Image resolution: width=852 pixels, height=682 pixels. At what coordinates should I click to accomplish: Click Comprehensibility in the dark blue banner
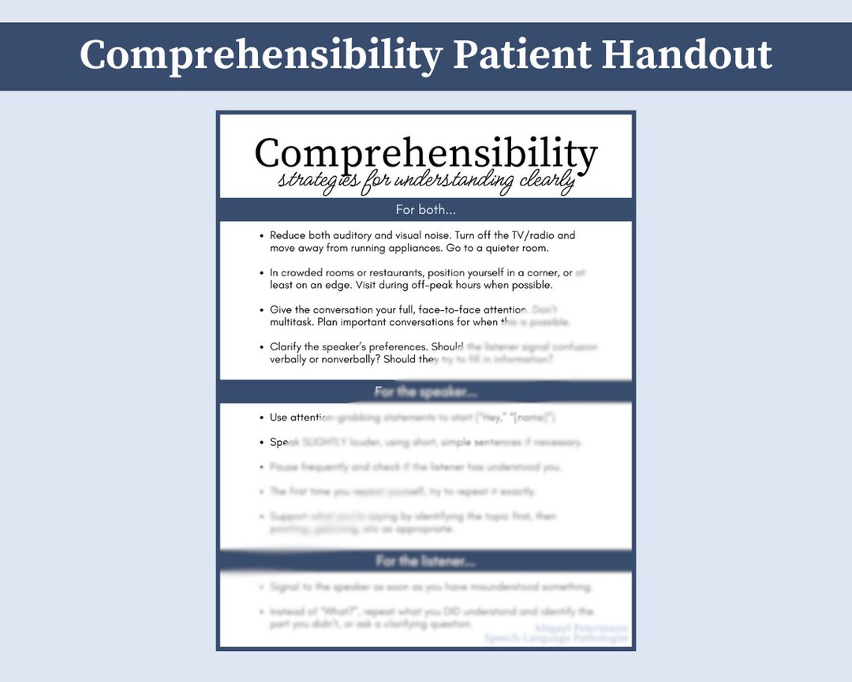260,55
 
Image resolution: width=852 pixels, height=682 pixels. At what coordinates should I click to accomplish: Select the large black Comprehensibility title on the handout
426,153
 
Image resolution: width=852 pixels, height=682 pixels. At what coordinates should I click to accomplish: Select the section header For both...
426,210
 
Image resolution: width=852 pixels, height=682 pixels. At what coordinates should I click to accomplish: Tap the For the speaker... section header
426,392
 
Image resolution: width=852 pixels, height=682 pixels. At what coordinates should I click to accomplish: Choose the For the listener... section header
426,561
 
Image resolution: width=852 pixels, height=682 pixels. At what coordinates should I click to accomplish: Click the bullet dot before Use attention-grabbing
261,418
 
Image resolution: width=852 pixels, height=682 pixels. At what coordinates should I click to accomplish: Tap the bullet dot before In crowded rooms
261,273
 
